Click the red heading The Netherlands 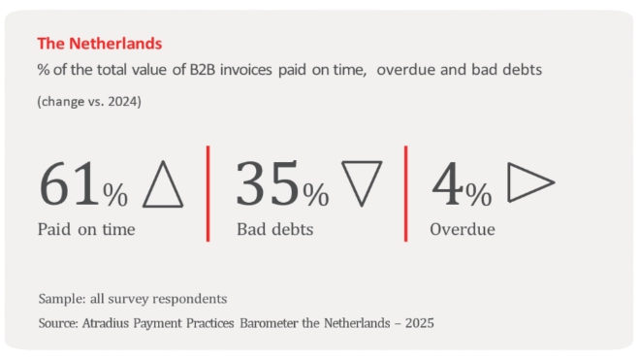pyautogui.click(x=99, y=44)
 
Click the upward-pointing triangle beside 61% pyautogui.click(x=162, y=184)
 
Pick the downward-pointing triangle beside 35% pyautogui.click(x=362, y=182)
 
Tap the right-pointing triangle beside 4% pyautogui.click(x=530, y=182)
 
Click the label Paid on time pyautogui.click(x=86, y=230)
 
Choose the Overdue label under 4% pyautogui.click(x=463, y=230)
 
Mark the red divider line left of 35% pyautogui.click(x=208, y=193)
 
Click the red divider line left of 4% pyautogui.click(x=405, y=193)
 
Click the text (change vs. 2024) pyautogui.click(x=89, y=101)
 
